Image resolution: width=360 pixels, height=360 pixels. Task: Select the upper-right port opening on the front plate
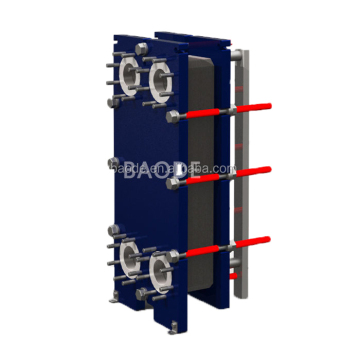159,79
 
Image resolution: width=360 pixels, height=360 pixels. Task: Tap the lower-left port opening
130,256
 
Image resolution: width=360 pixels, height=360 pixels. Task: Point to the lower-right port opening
159,267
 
